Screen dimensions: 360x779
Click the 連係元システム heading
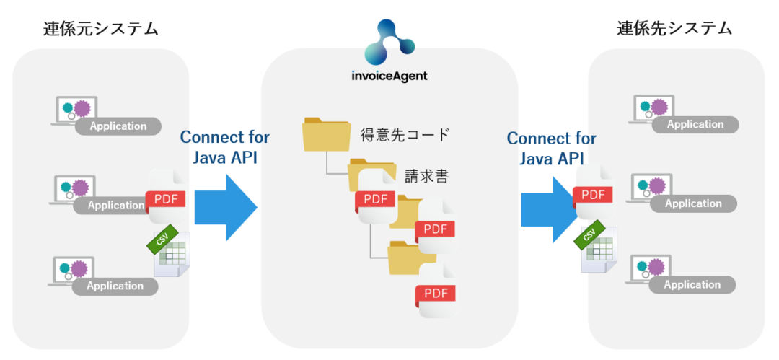(x=100, y=29)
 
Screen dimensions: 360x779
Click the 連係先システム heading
(x=674, y=29)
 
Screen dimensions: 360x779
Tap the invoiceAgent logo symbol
(x=389, y=42)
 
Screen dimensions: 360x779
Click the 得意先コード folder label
(x=405, y=134)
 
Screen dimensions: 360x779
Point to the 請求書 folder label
(x=425, y=176)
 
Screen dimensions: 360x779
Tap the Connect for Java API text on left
(x=224, y=146)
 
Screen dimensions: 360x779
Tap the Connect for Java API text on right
(x=551, y=147)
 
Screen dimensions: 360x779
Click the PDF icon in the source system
(x=167, y=198)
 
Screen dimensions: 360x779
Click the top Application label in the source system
(x=118, y=126)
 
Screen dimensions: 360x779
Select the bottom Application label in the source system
(x=115, y=286)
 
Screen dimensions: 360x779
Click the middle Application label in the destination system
(x=693, y=203)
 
